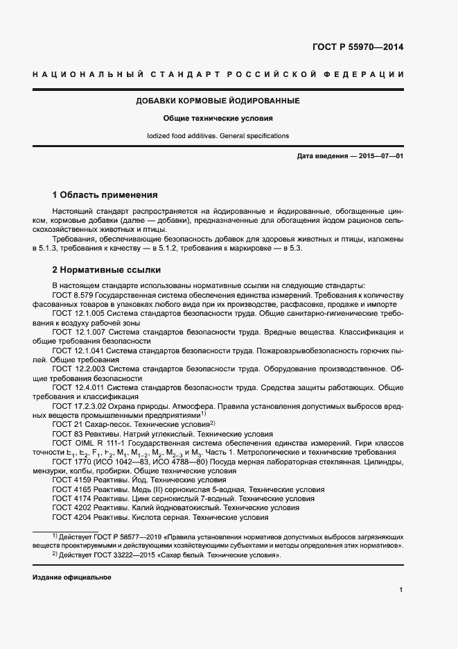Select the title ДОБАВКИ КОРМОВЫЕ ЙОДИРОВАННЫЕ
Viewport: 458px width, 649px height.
[x=218, y=101]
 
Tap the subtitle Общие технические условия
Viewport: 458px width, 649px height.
[x=218, y=119]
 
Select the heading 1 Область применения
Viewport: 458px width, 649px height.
[x=105, y=194]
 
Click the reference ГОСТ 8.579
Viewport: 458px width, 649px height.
[x=73, y=295]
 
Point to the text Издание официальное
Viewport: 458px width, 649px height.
[x=72, y=578]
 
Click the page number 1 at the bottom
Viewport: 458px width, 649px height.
[x=401, y=590]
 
